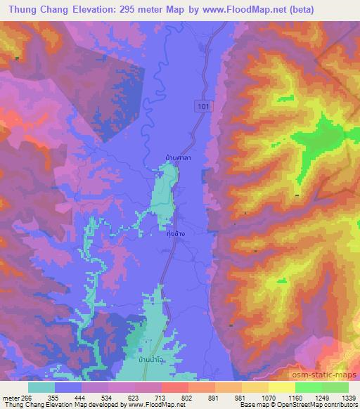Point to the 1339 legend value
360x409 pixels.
point(347,397)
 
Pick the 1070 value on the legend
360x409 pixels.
point(268,397)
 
